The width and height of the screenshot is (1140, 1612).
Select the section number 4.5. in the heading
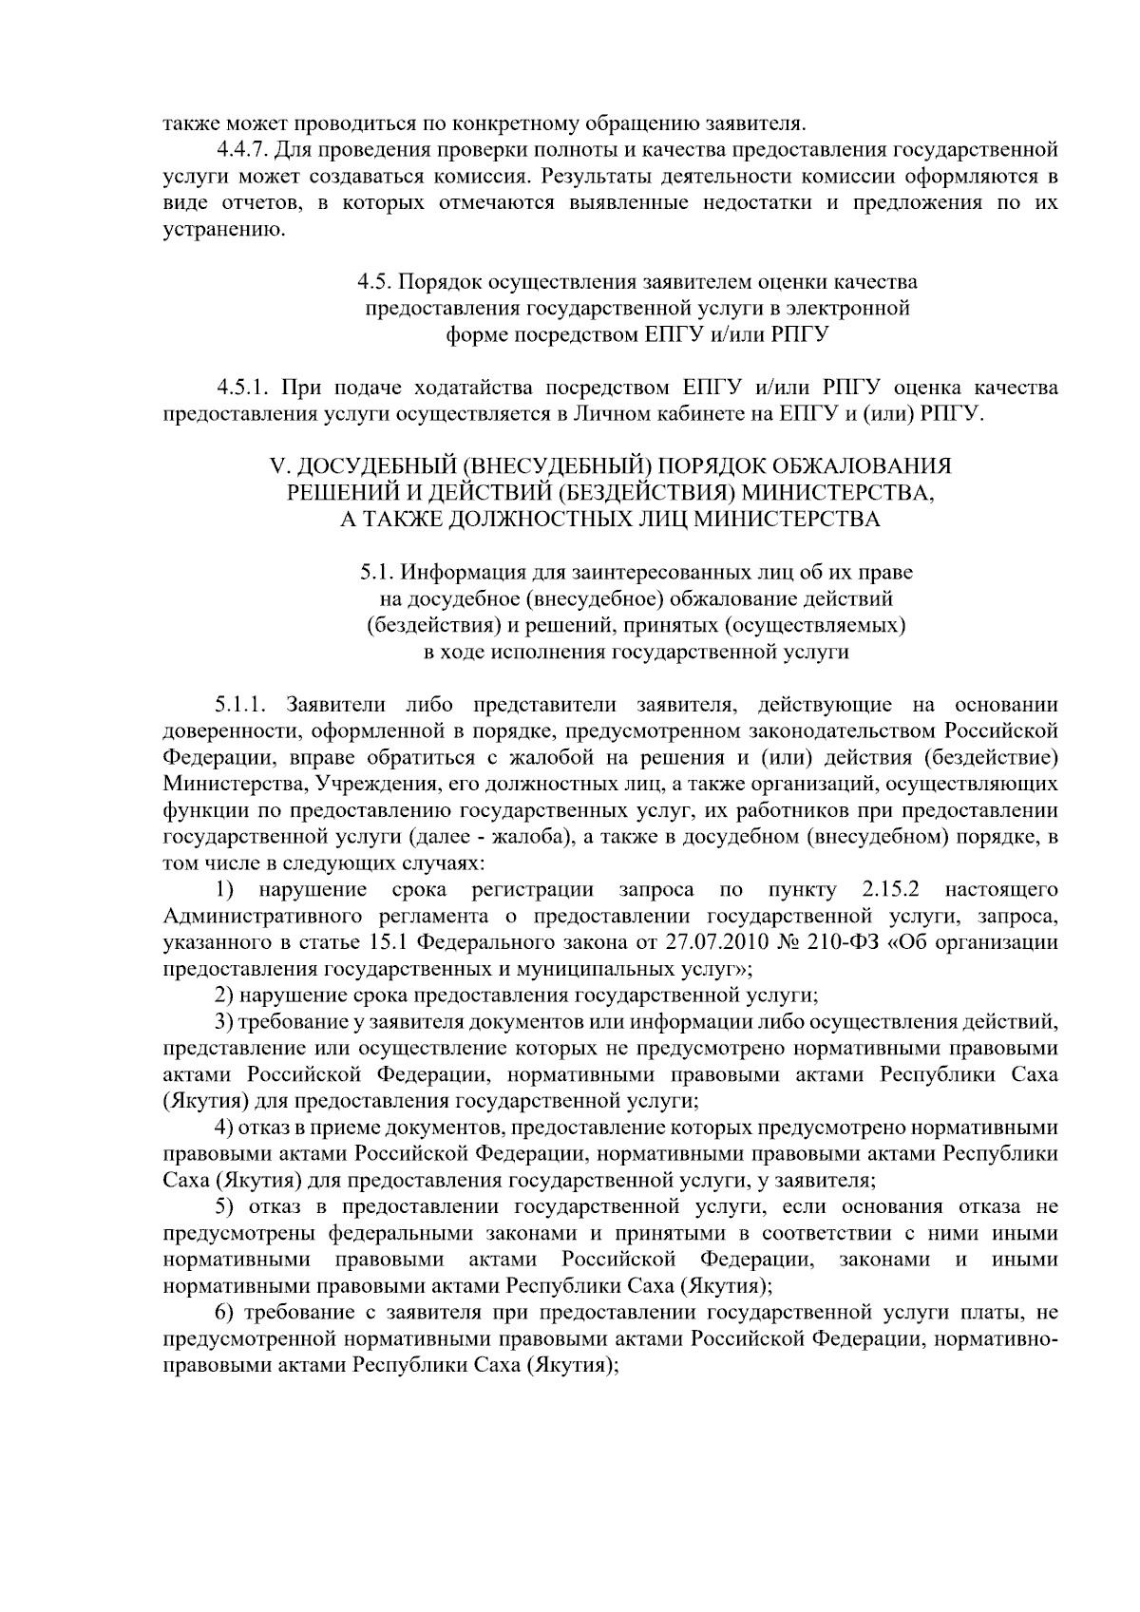click(374, 282)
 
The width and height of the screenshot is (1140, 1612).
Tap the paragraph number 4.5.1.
click(245, 388)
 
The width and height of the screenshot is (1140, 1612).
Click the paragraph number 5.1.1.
click(241, 705)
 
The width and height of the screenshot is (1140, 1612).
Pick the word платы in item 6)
click(985, 1313)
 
